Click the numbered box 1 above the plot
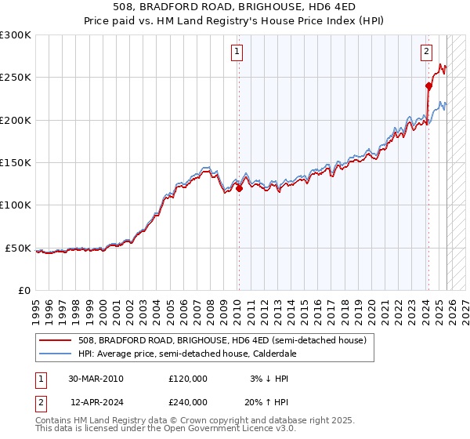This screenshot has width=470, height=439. pyautogui.click(x=237, y=53)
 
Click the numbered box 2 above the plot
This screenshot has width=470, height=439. pyautogui.click(x=426, y=53)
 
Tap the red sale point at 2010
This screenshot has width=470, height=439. pyautogui.click(x=239, y=188)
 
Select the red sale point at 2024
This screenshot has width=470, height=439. pyautogui.click(x=428, y=86)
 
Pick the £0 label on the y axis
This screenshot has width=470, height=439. pyautogui.click(x=23, y=290)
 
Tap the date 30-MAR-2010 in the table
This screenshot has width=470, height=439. pyautogui.click(x=96, y=379)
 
